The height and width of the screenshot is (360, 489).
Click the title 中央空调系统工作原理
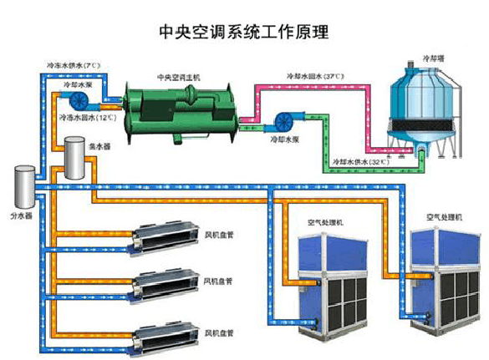coord(243,33)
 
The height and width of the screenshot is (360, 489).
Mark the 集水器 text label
coord(99,146)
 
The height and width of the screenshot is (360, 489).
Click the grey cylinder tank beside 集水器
coord(77,160)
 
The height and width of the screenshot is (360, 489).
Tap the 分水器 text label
coord(21,215)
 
